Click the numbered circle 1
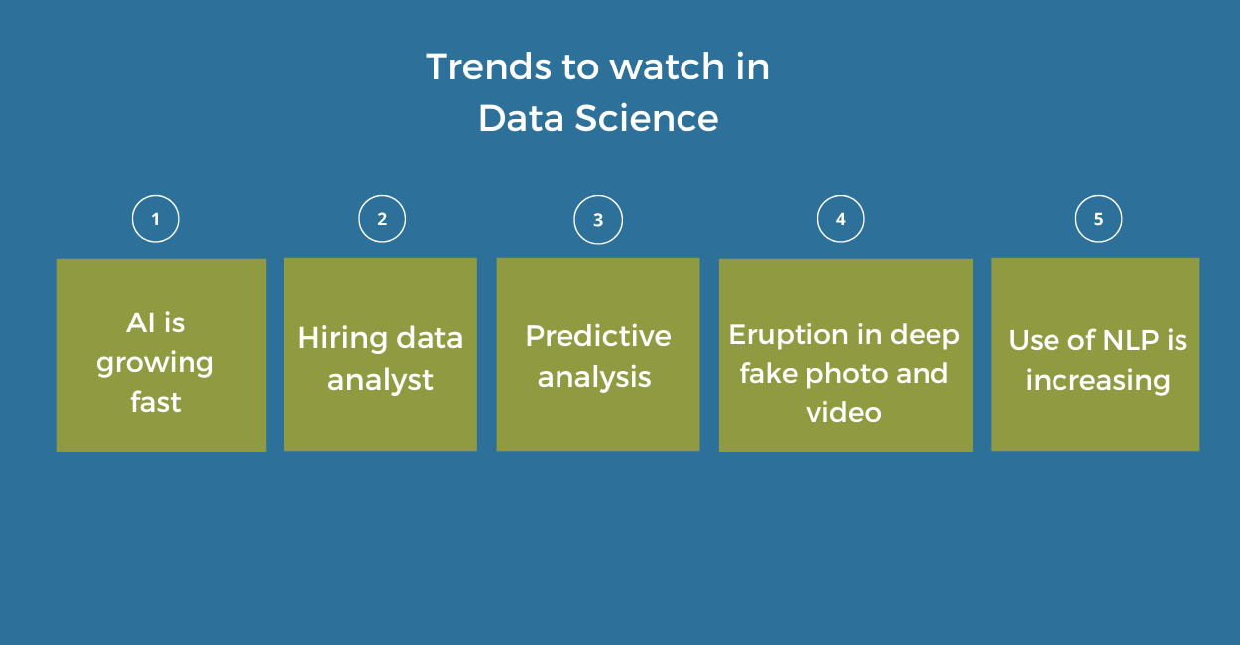pos(155,219)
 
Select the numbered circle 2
pos(382,219)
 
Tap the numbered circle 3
pos(598,220)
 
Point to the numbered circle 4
pos(841,219)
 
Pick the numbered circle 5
pos(1098,219)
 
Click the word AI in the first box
pos(141,322)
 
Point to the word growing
pos(155,364)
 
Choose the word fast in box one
pos(156,402)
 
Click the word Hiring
pos(341,338)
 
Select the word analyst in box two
pos(380,380)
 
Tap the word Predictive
pos(598,336)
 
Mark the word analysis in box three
pos(594,377)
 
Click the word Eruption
pos(790,335)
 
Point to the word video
pos(844,412)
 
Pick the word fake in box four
pos(769,374)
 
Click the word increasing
pos(1097,381)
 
